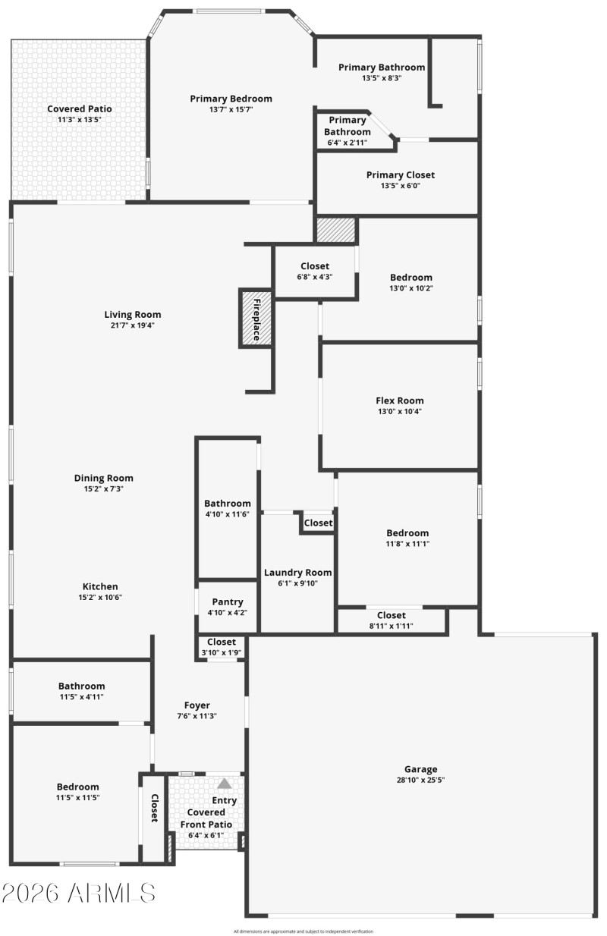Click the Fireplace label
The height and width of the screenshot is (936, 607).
click(257, 319)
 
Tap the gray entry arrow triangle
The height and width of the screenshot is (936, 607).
click(225, 784)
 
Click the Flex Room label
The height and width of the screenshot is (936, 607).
click(400, 400)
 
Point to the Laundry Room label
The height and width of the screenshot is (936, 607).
click(297, 573)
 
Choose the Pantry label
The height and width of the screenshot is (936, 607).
click(228, 602)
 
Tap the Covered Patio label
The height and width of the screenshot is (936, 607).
click(80, 109)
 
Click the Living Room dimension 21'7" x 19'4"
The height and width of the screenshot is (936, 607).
click(133, 325)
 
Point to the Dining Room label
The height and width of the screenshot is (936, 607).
click(104, 478)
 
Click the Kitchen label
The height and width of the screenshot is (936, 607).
click(100, 586)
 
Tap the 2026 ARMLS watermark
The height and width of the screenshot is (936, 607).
click(78, 893)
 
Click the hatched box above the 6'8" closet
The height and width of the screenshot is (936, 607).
click(335, 231)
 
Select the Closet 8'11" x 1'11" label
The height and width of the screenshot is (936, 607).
click(391, 615)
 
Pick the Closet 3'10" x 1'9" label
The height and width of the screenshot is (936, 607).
click(222, 642)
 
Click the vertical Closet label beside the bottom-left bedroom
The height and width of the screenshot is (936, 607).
click(154, 808)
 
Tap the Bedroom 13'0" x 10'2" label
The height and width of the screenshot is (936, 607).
click(411, 278)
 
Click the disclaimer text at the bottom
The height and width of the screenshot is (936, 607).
click(303, 931)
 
